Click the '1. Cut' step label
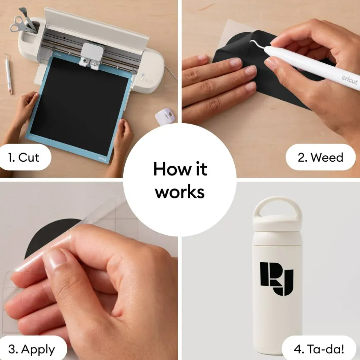tap(23, 157)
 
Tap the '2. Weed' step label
tap(320, 157)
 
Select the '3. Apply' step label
tap(32, 349)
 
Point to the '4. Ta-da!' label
tap(319, 349)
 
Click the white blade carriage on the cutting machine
tap(92, 55)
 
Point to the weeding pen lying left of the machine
tap(8, 74)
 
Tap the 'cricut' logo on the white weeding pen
tap(349, 80)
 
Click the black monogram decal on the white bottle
tap(277, 279)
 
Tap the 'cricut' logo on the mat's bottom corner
tap(102, 158)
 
